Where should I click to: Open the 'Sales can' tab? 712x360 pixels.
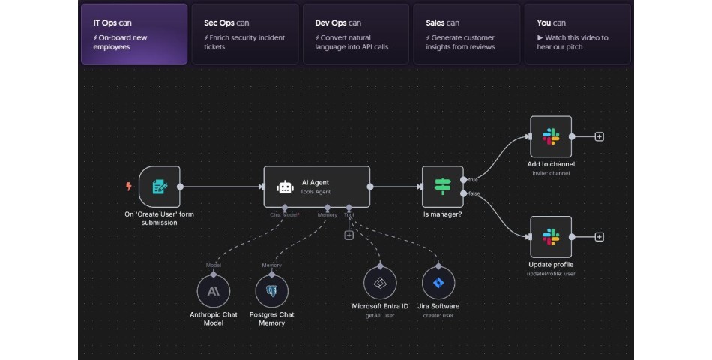tap(466, 34)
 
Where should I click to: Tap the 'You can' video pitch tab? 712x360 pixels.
tap(577, 34)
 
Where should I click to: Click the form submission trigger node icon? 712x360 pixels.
tap(160, 186)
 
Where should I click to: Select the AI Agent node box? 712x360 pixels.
tap(317, 186)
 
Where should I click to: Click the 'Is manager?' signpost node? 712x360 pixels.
tap(443, 186)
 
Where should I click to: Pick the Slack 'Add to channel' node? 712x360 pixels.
tap(551, 136)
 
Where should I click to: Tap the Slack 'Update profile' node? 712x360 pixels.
tap(551, 237)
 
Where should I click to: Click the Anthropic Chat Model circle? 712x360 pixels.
tap(214, 290)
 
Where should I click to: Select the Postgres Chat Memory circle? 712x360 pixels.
tap(271, 290)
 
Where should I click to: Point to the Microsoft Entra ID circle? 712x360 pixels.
tap(380, 283)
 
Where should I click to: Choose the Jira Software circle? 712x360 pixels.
tap(438, 283)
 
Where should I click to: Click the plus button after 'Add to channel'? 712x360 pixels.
tap(600, 136)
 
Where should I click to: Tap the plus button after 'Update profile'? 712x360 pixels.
tap(600, 237)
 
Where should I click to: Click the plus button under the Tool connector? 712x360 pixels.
tap(349, 235)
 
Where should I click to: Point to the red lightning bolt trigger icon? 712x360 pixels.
tap(129, 187)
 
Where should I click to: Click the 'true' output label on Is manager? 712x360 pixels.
tap(474, 179)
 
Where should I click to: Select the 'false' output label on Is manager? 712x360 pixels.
tap(474, 193)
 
